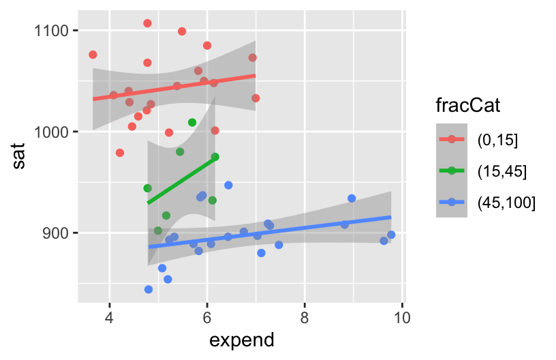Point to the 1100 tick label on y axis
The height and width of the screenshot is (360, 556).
coord(55,30)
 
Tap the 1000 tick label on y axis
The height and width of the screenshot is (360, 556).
coord(55,132)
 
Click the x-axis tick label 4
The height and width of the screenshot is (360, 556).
coord(110,318)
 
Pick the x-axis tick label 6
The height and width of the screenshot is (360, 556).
coord(207,318)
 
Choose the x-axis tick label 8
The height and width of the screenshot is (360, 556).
coord(305,318)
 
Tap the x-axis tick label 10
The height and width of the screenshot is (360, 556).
coord(401,318)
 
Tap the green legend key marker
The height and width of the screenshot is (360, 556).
coord(452,170)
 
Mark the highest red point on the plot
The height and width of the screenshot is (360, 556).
coord(147,23)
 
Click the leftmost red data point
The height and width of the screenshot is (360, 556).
coord(93,55)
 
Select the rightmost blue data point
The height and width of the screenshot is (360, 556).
coord(391,235)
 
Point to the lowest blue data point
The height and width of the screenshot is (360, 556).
coord(149,289)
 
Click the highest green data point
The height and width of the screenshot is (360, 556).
coord(192,123)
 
